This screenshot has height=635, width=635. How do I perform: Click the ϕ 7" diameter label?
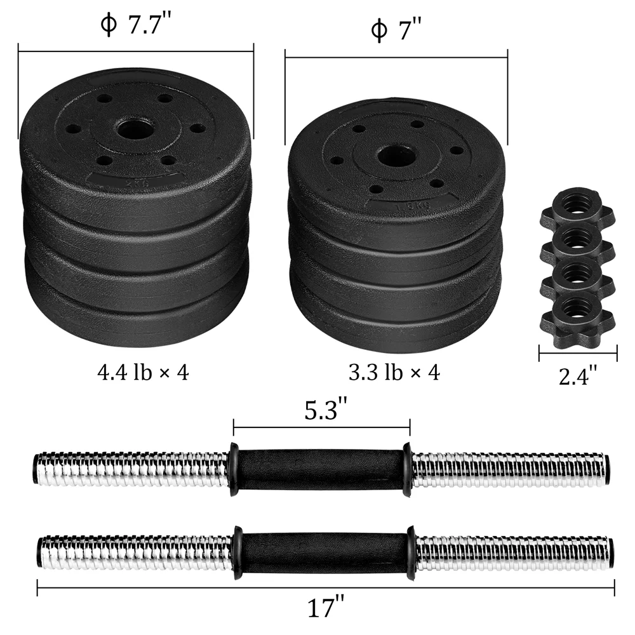[x=396, y=30]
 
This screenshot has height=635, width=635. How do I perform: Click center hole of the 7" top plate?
[x=396, y=154]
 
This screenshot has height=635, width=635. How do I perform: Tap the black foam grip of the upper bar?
[x=321, y=469]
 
